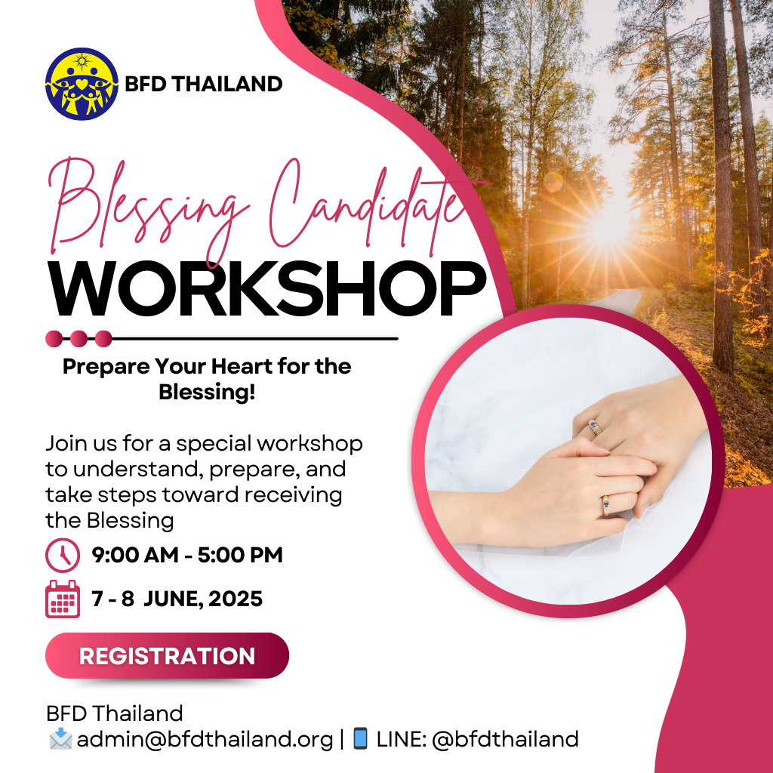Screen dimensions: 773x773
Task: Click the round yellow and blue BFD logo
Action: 82,84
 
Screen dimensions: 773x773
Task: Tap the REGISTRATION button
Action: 167,655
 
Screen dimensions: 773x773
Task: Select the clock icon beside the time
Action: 63,556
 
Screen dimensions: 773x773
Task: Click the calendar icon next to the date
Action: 63,599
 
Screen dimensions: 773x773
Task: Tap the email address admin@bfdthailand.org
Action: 205,739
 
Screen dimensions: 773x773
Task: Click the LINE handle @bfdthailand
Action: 505,739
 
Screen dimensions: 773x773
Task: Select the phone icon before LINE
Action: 360,738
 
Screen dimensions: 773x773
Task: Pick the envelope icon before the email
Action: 60,739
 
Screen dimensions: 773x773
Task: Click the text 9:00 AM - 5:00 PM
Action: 187,556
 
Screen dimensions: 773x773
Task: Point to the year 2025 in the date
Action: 236,599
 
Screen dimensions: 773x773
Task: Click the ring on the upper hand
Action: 596,428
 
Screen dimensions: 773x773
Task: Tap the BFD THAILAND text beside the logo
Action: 203,84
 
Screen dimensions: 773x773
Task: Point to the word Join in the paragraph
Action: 63,443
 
